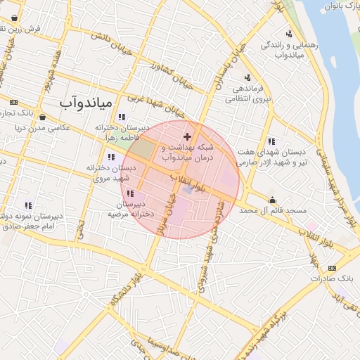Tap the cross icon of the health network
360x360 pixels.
tap(187, 136)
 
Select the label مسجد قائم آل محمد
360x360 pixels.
tap(274, 211)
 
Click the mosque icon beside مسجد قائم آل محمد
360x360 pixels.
tap(272, 200)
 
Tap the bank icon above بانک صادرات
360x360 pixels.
tap(332, 268)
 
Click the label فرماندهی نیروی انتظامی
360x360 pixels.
tap(247, 94)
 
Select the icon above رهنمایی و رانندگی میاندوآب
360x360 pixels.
tap(290, 34)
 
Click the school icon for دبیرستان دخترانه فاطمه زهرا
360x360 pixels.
tap(122, 117)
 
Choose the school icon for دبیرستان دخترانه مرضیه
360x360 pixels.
tap(129, 193)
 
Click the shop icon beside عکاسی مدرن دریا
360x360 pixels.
tap(44, 117)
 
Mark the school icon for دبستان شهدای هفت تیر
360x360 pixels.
tap(271, 142)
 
